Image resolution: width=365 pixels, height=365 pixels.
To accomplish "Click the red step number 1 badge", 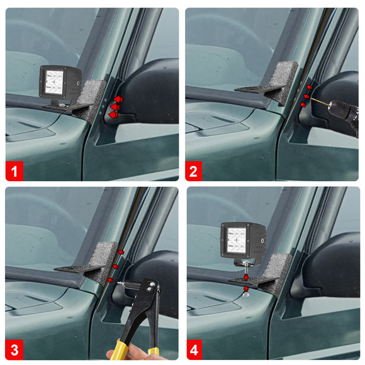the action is (x=14, y=171).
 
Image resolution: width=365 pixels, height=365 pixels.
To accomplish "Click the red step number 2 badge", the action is (x=193, y=171).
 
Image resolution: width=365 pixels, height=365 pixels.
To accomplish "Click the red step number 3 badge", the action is (x=14, y=350).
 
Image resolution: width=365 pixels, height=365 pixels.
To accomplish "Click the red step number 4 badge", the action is (x=194, y=350).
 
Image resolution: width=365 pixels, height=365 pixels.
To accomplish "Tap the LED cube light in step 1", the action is (x=60, y=84).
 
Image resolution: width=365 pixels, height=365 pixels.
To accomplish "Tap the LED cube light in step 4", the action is (x=243, y=242).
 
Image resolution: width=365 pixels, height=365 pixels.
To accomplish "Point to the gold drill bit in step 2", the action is (x=320, y=102).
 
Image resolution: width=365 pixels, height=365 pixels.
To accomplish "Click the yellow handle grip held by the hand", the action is (x=119, y=351).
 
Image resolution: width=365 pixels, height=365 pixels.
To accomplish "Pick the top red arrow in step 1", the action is (x=118, y=99).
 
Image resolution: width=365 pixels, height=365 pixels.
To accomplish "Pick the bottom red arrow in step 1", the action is (x=113, y=115).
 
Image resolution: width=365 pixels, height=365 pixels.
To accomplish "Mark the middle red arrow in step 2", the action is (x=306, y=96).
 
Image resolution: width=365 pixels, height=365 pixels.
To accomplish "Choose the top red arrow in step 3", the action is (x=121, y=252).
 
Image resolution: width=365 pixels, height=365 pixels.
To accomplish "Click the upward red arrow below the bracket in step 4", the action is (x=246, y=289).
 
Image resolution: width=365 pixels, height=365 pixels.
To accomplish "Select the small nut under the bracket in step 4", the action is (x=246, y=295).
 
